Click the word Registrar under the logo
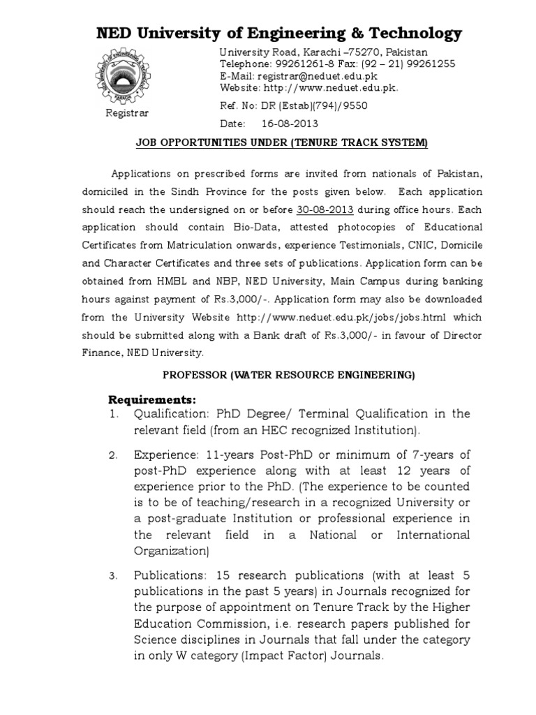click(x=127, y=112)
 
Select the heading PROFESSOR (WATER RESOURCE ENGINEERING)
click(x=288, y=375)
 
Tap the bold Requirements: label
click(x=152, y=399)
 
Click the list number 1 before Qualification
click(x=114, y=414)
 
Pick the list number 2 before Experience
click(x=114, y=456)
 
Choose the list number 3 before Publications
click(x=114, y=576)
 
